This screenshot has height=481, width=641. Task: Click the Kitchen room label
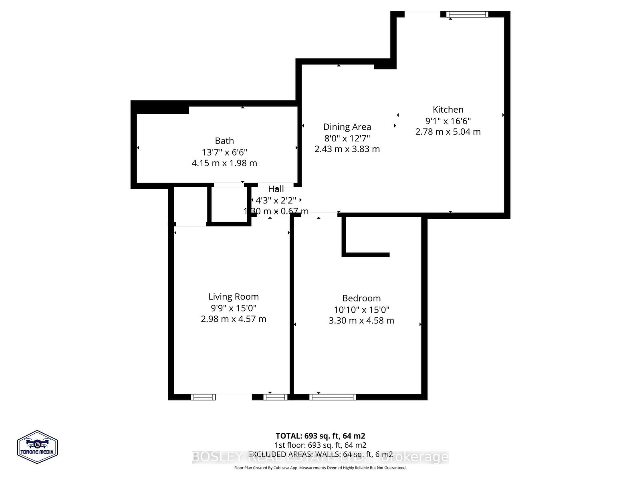click(448, 109)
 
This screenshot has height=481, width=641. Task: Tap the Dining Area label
click(347, 127)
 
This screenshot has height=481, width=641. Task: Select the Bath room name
click(224, 141)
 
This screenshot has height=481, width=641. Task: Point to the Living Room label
click(234, 297)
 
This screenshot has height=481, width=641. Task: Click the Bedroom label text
click(361, 298)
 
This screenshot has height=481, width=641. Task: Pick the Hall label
click(276, 189)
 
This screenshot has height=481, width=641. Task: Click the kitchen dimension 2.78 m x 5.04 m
click(448, 131)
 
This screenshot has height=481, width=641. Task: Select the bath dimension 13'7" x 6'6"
click(224, 152)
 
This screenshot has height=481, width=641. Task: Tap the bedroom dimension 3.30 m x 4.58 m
click(361, 321)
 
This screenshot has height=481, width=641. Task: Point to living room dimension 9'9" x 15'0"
click(234, 308)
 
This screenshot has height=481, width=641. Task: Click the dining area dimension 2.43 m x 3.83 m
click(347, 149)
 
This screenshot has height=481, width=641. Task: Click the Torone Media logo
click(37, 447)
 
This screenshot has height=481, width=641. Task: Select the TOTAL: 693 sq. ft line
click(320, 436)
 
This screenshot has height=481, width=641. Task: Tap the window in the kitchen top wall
click(468, 14)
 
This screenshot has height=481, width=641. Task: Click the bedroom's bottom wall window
click(333, 397)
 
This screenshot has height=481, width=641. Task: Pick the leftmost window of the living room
click(203, 397)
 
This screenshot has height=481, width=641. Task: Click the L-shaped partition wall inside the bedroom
click(344, 240)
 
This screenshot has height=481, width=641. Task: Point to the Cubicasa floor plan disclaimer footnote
click(320, 468)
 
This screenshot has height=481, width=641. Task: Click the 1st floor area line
click(320, 445)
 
